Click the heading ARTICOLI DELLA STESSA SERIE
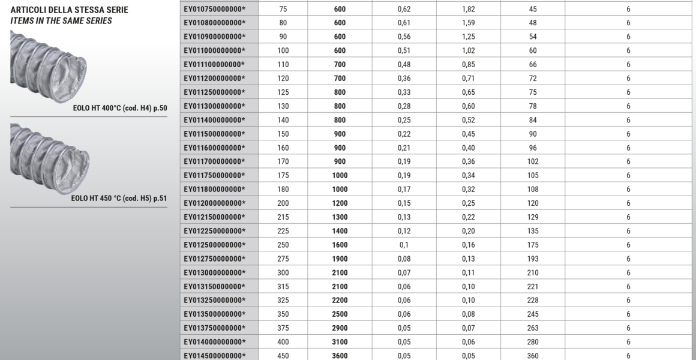[69, 10]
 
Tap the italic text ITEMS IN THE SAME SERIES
[61, 21]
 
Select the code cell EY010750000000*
[214, 10]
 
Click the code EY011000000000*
[214, 51]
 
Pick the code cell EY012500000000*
[214, 245]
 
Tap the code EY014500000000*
[214, 356]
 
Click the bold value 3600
[340, 356]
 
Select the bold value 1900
[340, 259]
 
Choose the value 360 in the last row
[533, 356]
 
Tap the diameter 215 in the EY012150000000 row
[283, 217]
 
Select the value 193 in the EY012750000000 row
[533, 259]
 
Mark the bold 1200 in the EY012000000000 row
[340, 203]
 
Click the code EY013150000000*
[214, 286]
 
